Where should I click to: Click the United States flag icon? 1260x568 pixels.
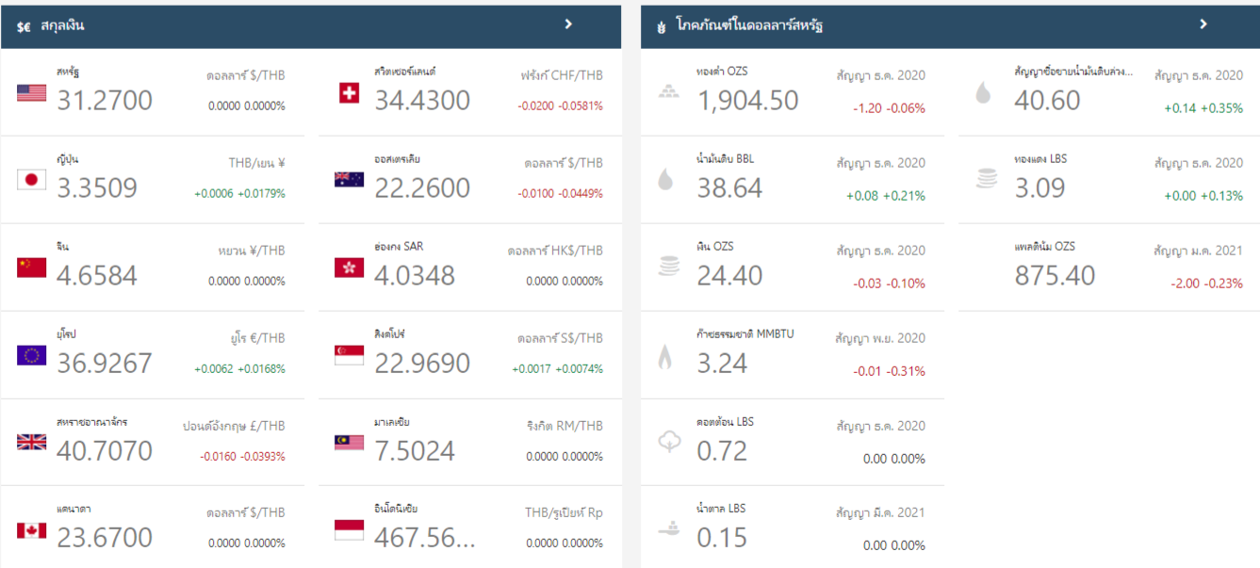click(x=31, y=92)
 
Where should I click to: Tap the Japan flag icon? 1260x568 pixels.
click(x=31, y=180)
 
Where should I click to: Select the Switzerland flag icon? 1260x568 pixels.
click(x=349, y=92)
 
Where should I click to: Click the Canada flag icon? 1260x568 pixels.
click(x=31, y=530)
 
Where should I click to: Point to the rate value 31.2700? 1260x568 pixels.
click(x=105, y=100)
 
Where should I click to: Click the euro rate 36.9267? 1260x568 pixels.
click(x=105, y=363)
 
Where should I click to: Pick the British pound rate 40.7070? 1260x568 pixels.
click(x=105, y=450)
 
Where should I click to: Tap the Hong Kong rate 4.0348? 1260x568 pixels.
click(x=415, y=275)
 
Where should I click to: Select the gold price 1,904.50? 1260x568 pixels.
click(x=747, y=100)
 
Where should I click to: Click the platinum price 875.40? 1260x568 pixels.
click(x=1055, y=275)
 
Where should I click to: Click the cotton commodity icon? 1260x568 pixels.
click(x=668, y=442)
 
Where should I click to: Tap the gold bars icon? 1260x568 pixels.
click(x=668, y=91)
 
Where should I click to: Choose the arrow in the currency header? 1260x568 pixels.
click(x=568, y=24)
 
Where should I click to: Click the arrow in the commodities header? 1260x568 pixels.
click(x=1203, y=24)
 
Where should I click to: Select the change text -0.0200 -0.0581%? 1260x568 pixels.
click(x=560, y=105)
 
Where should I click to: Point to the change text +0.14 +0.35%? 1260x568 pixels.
click(x=1203, y=108)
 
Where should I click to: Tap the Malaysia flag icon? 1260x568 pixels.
click(x=349, y=443)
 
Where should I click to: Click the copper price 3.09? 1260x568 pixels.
click(x=1039, y=187)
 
